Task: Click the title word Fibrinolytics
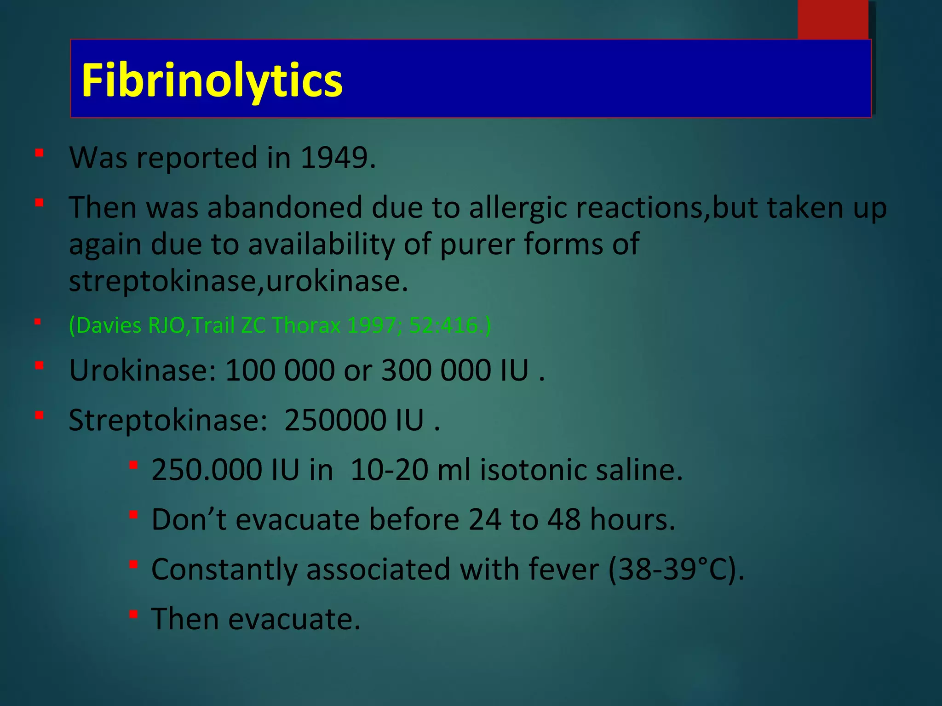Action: point(212,81)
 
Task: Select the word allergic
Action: point(518,208)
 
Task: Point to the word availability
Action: point(322,244)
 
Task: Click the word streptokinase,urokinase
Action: point(238,281)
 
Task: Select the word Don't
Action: point(189,520)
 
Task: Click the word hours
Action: point(632,520)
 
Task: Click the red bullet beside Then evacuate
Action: point(133,614)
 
